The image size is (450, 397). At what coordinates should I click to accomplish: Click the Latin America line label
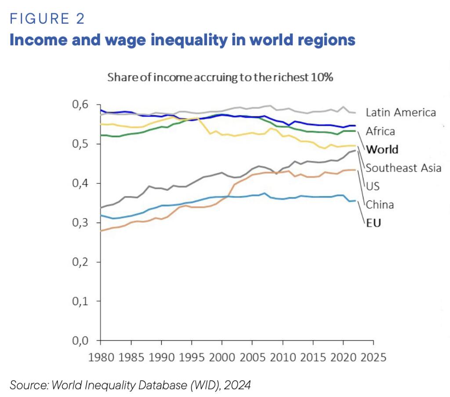pyautogui.click(x=401, y=113)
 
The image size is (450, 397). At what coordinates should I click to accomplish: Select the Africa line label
pyautogui.click(x=380, y=131)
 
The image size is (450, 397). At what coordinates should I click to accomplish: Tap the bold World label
pyautogui.click(x=382, y=149)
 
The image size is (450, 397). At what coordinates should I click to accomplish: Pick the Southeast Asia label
pyautogui.click(x=403, y=168)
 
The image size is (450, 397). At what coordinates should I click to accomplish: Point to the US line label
pyautogui.click(x=373, y=186)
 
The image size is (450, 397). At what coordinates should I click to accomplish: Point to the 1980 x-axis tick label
pyautogui.click(x=101, y=357)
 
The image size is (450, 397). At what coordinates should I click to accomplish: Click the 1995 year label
pyautogui.click(x=190, y=357)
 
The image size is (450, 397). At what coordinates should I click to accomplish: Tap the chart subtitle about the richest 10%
pyautogui.click(x=221, y=77)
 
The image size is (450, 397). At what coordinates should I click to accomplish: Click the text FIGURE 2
pyautogui.click(x=47, y=19)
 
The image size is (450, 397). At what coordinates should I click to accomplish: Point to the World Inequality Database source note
pyautogui.click(x=130, y=386)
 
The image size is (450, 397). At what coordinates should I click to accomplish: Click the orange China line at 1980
pyautogui.click(x=101, y=230)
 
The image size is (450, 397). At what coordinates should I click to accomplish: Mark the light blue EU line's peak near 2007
pyautogui.click(x=264, y=193)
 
